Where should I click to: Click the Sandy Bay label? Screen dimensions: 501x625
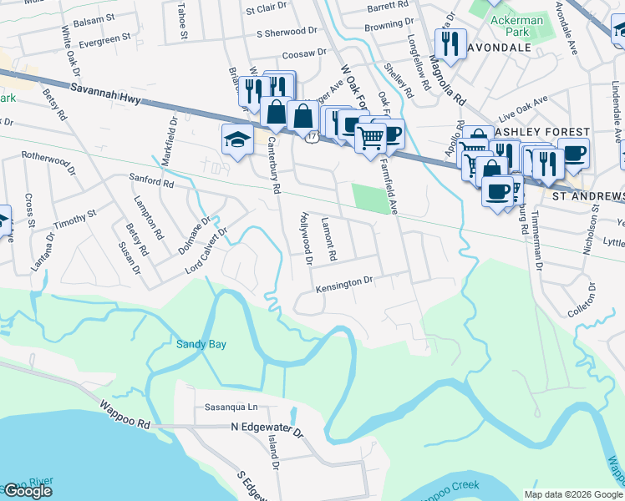coord(201,344)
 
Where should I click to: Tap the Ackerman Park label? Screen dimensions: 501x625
coord(516,26)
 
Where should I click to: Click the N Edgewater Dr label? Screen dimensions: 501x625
coord(267,427)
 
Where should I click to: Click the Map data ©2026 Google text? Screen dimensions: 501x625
coord(572,494)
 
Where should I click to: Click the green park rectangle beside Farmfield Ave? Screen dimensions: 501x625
coord(371,199)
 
